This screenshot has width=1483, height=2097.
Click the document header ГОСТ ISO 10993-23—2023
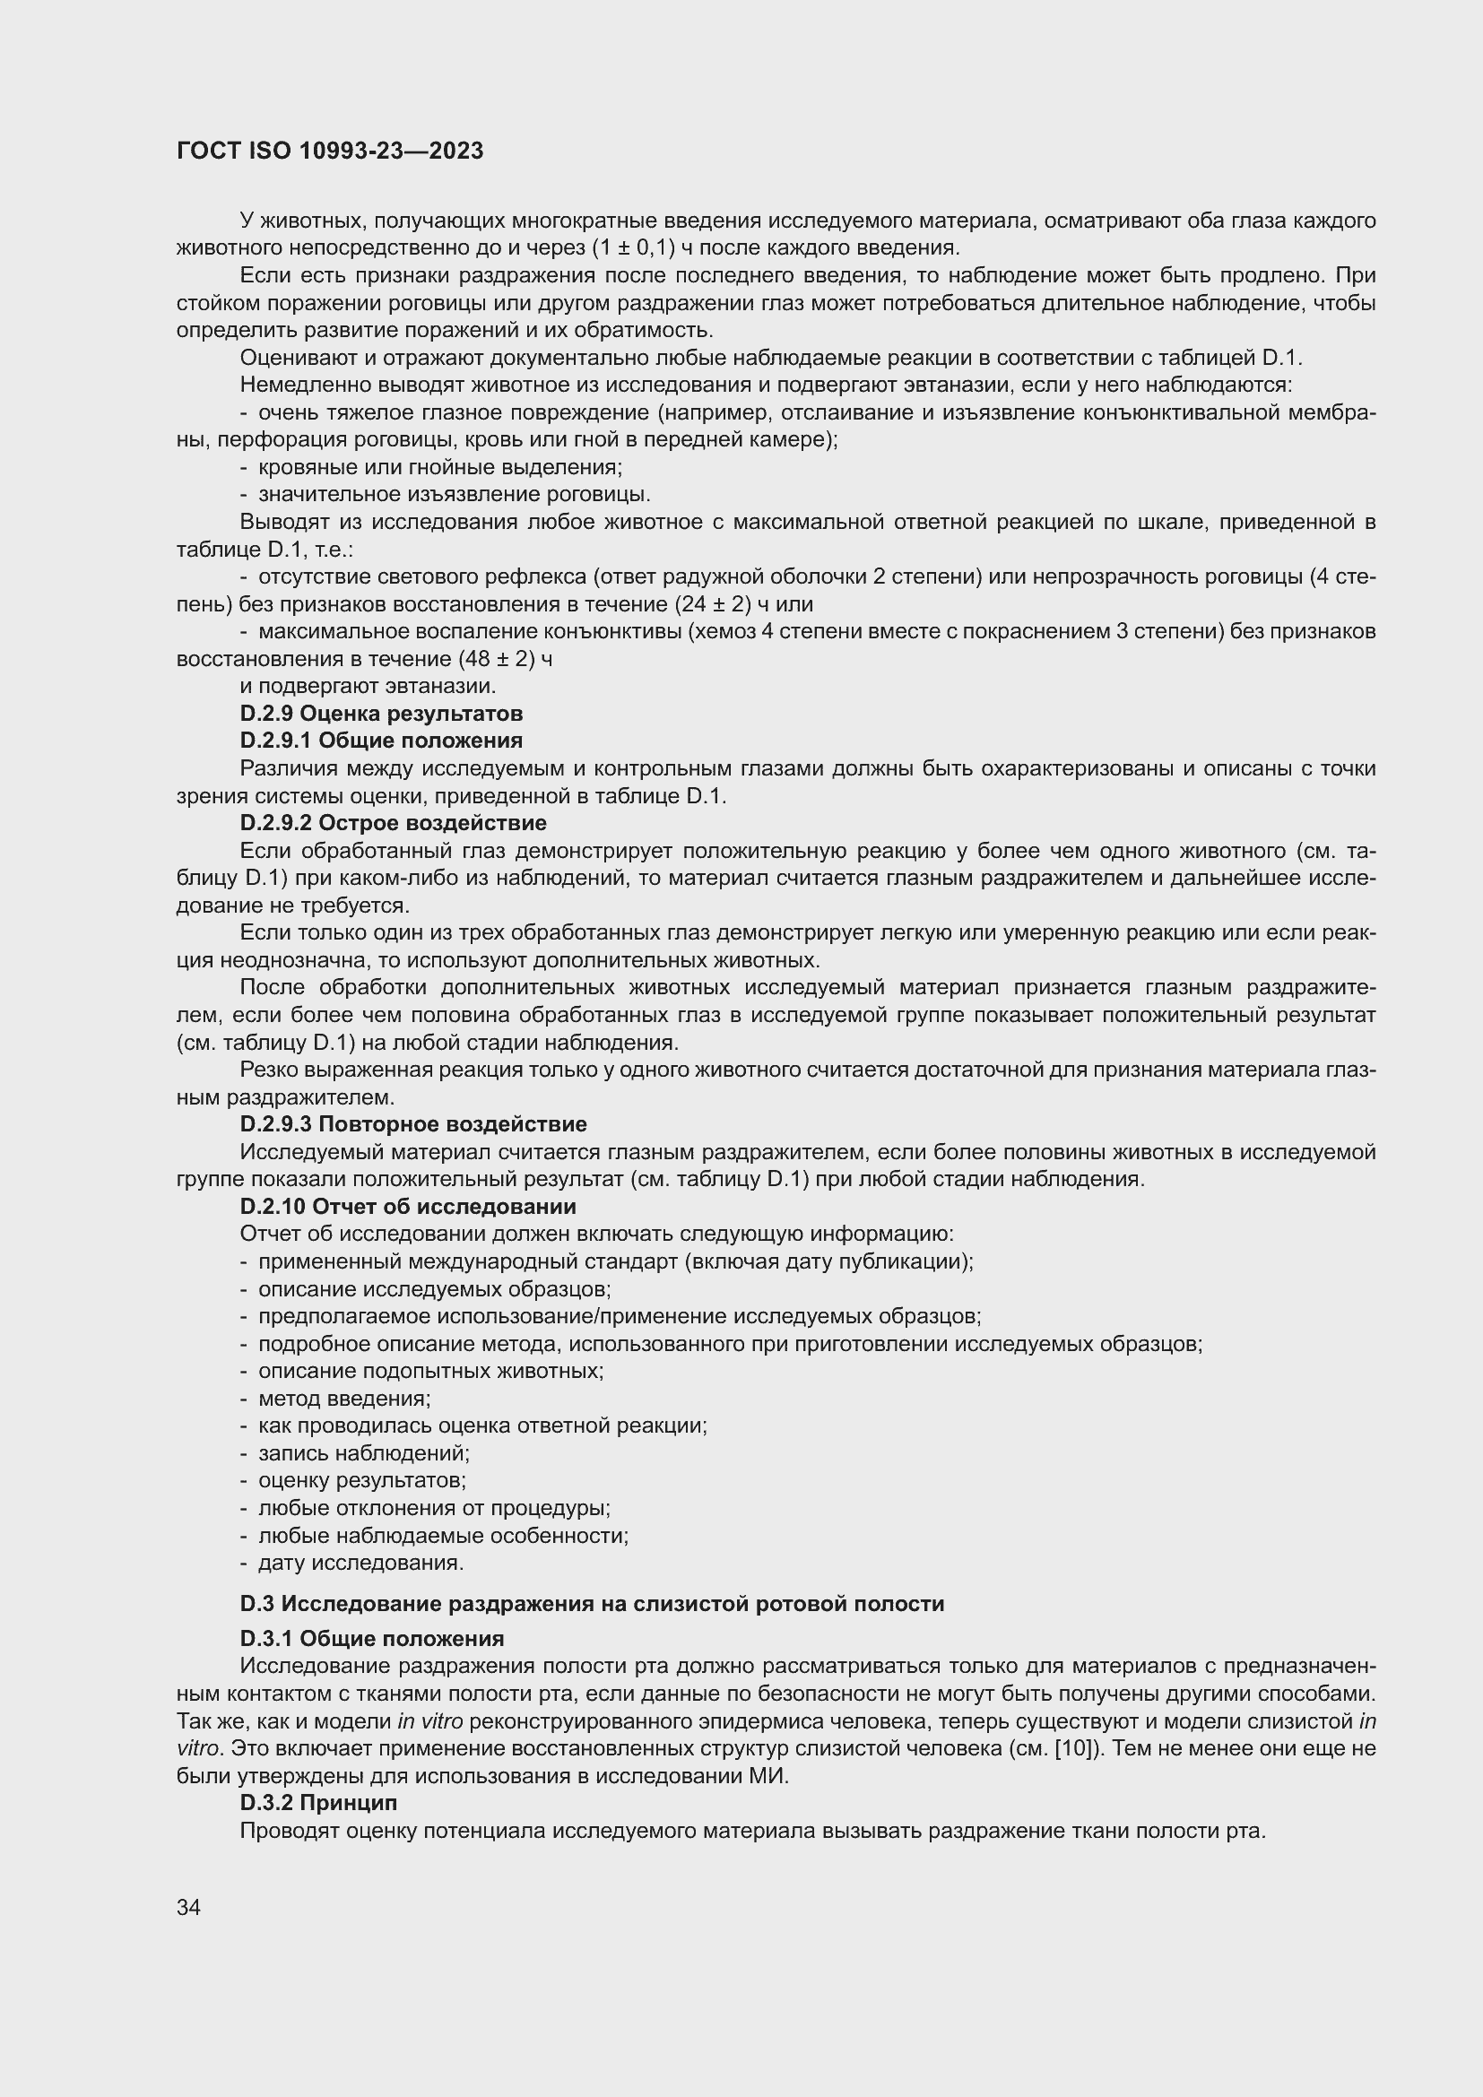pyautogui.click(x=330, y=152)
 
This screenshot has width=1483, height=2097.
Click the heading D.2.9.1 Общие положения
pyautogui.click(x=381, y=741)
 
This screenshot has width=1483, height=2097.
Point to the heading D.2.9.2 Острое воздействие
pyautogui.click(x=393, y=823)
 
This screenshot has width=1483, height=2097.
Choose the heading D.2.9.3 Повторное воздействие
pyautogui.click(x=412, y=1124)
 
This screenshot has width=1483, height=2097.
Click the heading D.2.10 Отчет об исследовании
pyautogui.click(x=407, y=1207)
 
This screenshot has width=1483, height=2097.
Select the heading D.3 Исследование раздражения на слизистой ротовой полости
pyautogui.click(x=592, y=1604)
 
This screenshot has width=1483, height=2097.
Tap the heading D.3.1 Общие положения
pyautogui.click(x=372, y=1639)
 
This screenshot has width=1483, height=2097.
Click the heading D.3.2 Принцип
pyautogui.click(x=317, y=1803)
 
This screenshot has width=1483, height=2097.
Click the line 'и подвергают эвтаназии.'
pyautogui.click(x=368, y=686)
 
